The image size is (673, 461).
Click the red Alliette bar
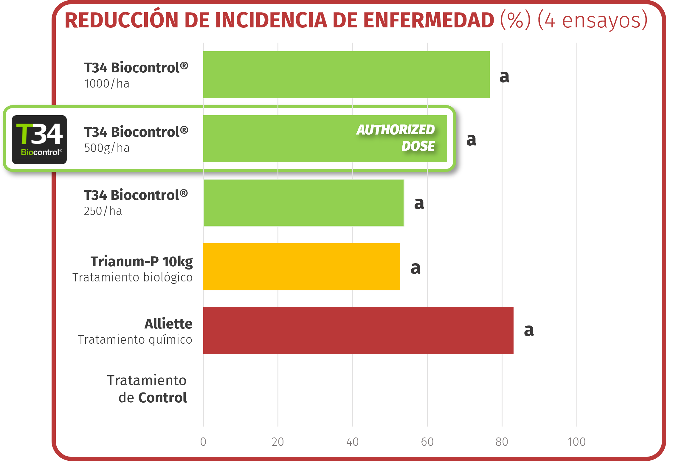pyautogui.click(x=358, y=331)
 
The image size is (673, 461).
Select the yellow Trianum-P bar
pyautogui.click(x=301, y=267)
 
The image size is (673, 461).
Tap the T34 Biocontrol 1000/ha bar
pyautogui.click(x=346, y=75)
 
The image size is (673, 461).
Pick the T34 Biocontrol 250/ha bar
pyautogui.click(x=303, y=203)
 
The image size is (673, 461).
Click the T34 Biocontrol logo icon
pyautogui.click(x=39, y=140)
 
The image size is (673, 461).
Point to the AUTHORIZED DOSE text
pyautogui.click(x=396, y=138)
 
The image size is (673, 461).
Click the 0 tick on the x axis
pyautogui.click(x=203, y=442)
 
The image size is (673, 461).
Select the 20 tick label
pyautogui.click(x=278, y=442)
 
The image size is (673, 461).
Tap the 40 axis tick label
pyautogui.click(x=353, y=442)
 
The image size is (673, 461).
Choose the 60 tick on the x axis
pyautogui.click(x=427, y=442)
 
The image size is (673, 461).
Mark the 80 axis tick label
pyautogui.click(x=502, y=442)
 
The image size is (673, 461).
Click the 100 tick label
pyautogui.click(x=576, y=442)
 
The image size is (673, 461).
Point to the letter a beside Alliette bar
pyautogui.click(x=529, y=330)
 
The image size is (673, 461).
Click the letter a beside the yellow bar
pyautogui.click(x=415, y=268)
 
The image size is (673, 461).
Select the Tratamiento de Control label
pyautogui.click(x=147, y=389)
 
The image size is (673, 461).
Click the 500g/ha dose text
pyautogui.click(x=107, y=148)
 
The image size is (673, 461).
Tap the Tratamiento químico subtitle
pyautogui.click(x=135, y=339)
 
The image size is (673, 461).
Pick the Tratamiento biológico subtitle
pyautogui.click(x=133, y=277)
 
